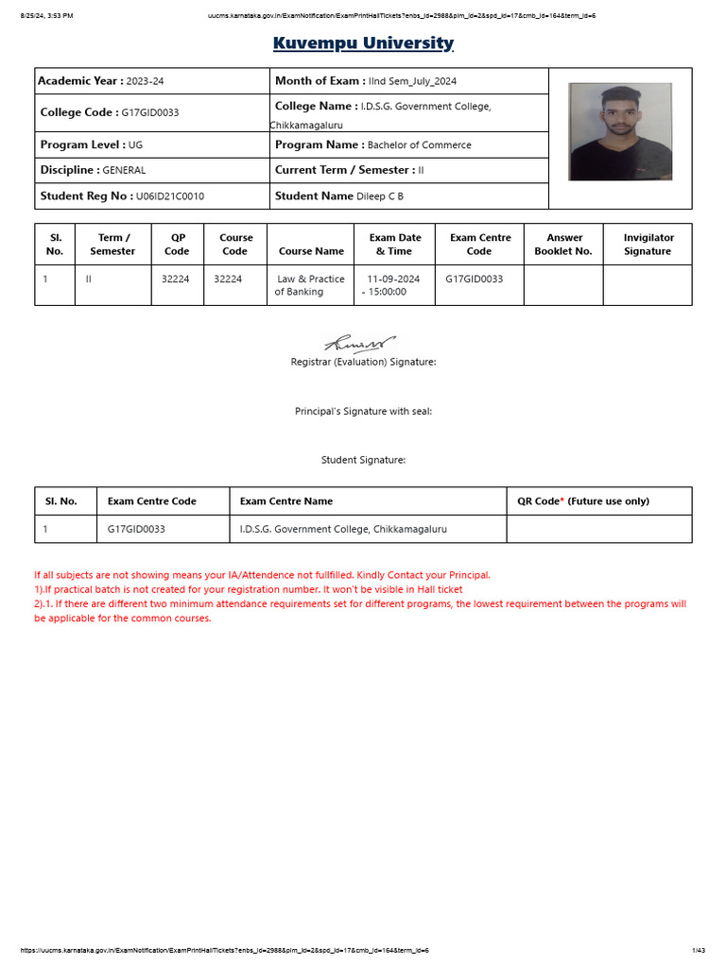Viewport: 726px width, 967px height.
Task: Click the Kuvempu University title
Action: pyautogui.click(x=363, y=43)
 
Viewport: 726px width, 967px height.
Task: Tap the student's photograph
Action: pyautogui.click(x=619, y=131)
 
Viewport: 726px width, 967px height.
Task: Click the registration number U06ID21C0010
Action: pyautogui.click(x=170, y=196)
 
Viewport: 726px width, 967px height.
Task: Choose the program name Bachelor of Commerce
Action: pyautogui.click(x=419, y=145)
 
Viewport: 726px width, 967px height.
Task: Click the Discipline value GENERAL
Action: pyautogui.click(x=124, y=171)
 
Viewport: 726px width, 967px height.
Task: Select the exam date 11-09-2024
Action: pyautogui.click(x=393, y=280)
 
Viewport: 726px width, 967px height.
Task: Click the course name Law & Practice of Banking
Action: pyautogui.click(x=310, y=285)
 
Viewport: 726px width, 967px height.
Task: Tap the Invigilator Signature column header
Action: pyautogui.click(x=648, y=245)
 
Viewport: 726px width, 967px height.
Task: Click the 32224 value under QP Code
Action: pyautogui.click(x=176, y=280)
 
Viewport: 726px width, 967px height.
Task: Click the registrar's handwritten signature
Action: pyautogui.click(x=361, y=344)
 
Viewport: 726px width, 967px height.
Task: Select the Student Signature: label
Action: pyautogui.click(x=363, y=460)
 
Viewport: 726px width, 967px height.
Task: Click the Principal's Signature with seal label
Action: pyautogui.click(x=363, y=412)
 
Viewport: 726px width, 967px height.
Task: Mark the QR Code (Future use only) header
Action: pyautogui.click(x=582, y=501)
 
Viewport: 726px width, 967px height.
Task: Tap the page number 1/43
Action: pyautogui.click(x=699, y=950)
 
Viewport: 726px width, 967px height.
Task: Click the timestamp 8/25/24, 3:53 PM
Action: pyautogui.click(x=46, y=16)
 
